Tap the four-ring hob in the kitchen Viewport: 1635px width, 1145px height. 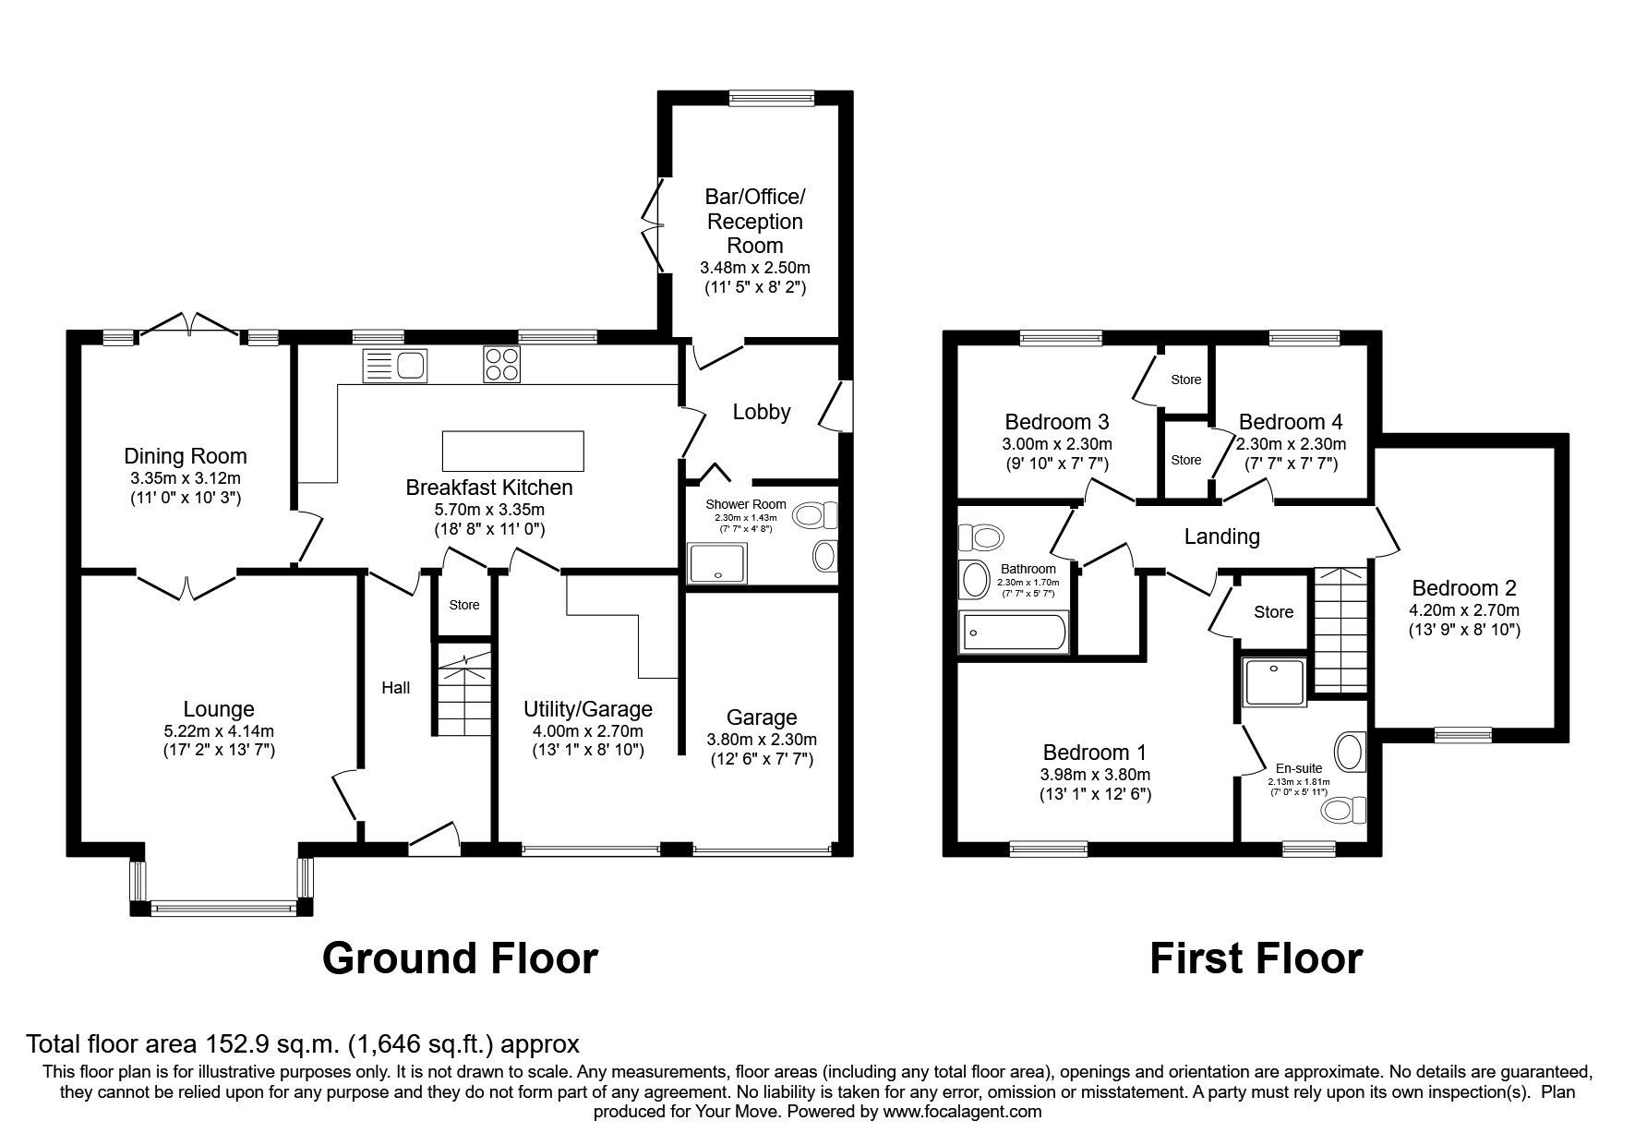500,364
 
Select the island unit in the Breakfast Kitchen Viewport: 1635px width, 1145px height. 513,451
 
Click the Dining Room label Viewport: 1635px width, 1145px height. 186,456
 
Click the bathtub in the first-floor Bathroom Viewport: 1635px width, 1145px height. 1014,633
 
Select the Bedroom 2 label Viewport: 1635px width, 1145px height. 1463,588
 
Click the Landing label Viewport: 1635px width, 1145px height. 1221,536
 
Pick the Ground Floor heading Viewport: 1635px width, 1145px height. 460,958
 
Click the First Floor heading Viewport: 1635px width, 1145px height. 1256,958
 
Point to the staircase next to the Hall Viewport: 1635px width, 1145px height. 464,693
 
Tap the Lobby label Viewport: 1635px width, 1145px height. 761,412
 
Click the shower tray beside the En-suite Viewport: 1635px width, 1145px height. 1275,681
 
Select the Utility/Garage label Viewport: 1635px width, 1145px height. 587,709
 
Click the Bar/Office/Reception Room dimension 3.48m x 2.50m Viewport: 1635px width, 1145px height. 754,268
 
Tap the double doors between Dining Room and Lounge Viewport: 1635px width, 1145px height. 187,585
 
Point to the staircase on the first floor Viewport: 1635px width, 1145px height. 1340,628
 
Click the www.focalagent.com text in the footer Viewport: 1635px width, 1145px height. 962,1112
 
